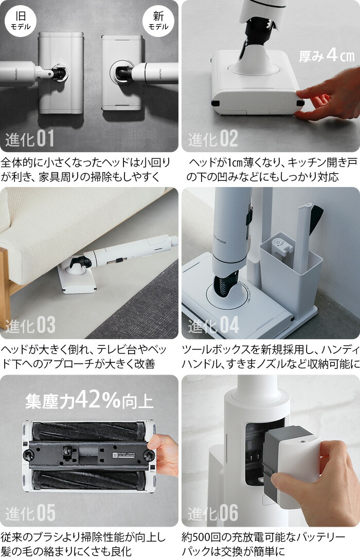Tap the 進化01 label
pos(30,139)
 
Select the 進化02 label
pos(213,139)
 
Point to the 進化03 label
pos(30,325)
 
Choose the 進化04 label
pos(213,325)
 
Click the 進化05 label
pos(30,512)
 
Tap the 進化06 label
pos(213,512)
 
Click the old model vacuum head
pos(61,72)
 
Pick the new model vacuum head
pos(121,72)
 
